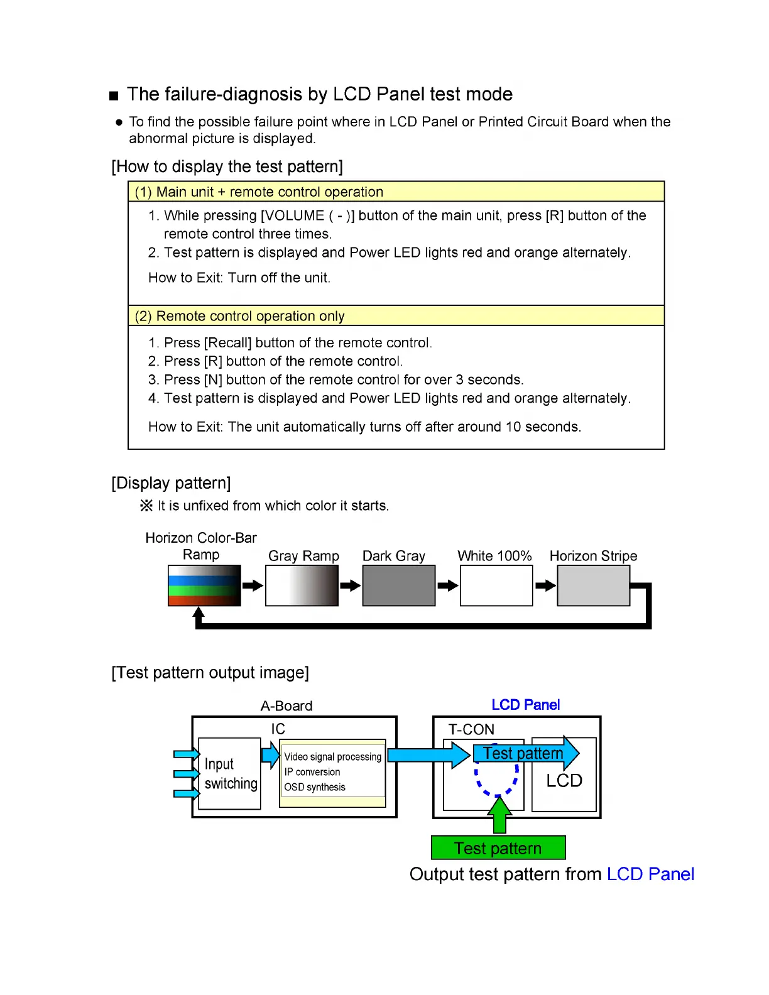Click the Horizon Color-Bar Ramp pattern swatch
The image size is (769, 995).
(x=204, y=585)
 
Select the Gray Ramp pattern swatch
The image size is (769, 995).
(x=302, y=585)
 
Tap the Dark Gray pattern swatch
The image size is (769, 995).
(x=398, y=585)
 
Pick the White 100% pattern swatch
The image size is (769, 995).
(x=496, y=585)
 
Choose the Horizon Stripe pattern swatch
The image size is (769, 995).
(x=593, y=585)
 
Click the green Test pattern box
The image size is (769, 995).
(x=498, y=848)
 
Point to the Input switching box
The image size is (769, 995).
(x=230, y=774)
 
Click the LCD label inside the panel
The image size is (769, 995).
(x=564, y=781)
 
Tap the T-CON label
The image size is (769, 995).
(x=471, y=729)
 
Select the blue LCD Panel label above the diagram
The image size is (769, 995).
(x=525, y=705)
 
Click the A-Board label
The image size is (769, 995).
(x=286, y=706)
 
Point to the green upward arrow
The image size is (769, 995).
(x=499, y=815)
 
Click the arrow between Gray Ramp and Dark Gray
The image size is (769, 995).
(x=350, y=585)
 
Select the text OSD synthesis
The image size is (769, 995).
(x=315, y=787)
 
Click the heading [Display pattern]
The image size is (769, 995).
(x=171, y=483)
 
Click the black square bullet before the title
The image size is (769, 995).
(x=114, y=96)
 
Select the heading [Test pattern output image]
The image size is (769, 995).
(x=210, y=673)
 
